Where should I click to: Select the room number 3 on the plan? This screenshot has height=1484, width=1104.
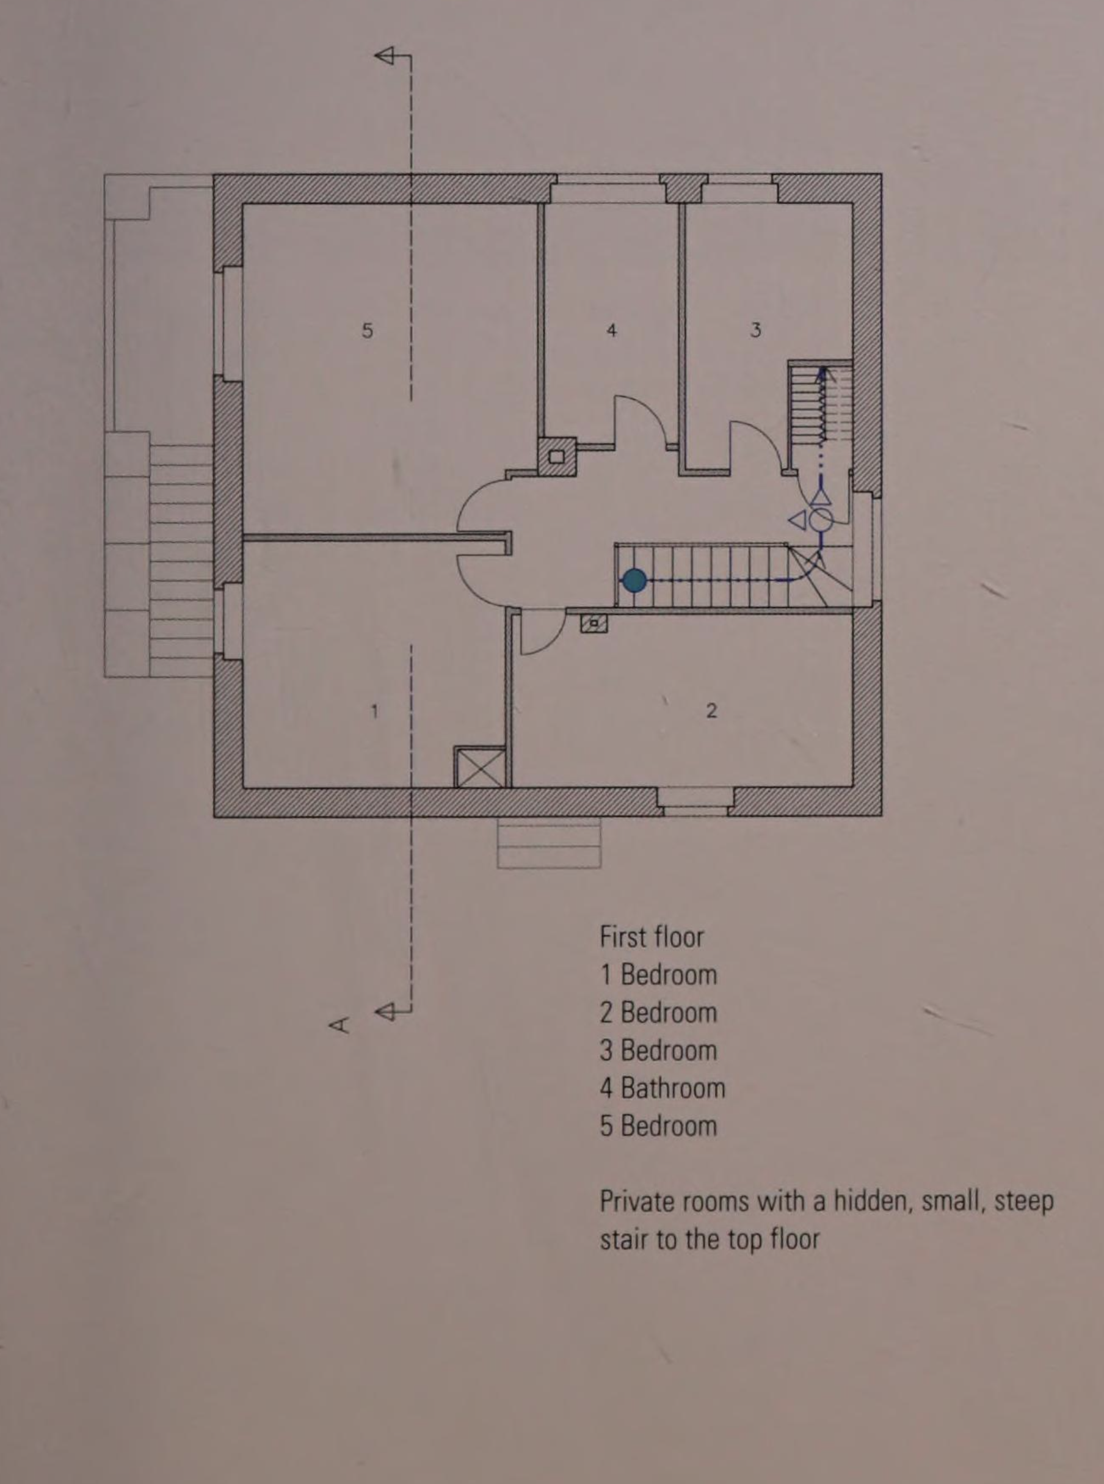(755, 329)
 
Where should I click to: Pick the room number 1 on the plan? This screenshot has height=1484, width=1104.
(375, 711)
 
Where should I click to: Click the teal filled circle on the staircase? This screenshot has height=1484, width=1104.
(634, 581)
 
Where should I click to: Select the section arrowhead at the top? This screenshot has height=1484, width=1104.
(383, 56)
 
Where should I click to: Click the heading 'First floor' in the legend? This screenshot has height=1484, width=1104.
(652, 937)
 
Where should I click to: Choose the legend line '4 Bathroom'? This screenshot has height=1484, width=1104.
(663, 1088)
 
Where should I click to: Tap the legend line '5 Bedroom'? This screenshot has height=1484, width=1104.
(658, 1126)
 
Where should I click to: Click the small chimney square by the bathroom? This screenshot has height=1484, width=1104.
(557, 457)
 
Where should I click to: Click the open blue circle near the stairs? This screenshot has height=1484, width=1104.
(821, 519)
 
